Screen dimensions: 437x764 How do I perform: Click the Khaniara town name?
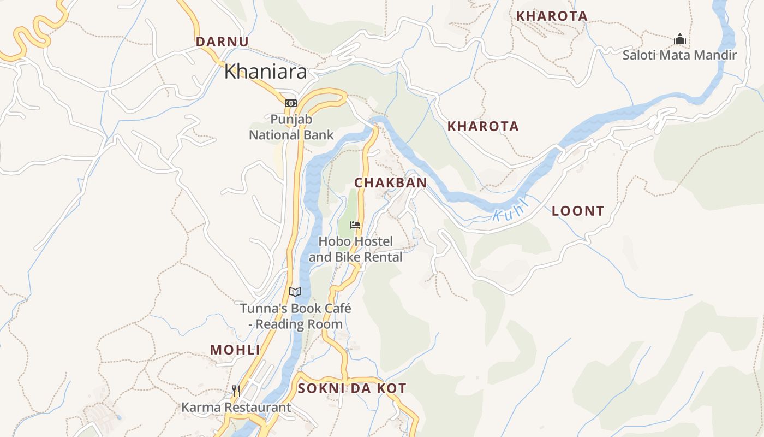point(265,72)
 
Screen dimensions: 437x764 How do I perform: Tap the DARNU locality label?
point(222,42)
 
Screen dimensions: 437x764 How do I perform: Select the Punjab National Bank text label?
point(291,127)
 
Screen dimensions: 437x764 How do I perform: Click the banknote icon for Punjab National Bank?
point(290,103)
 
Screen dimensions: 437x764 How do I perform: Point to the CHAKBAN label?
point(391,183)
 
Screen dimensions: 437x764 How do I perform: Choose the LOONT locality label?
point(578,211)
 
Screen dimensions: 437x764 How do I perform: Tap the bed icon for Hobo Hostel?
point(355,225)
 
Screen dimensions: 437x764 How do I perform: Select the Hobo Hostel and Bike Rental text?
point(355,249)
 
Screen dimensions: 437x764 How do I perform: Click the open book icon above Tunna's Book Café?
point(295,292)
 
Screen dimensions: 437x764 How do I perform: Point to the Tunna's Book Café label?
point(295,316)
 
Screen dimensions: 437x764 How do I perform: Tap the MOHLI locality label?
point(235,350)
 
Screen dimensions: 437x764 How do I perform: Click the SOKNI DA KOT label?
point(352,388)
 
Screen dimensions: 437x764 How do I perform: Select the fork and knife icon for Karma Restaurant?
point(236,391)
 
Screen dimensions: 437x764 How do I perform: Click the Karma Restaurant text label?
point(236,407)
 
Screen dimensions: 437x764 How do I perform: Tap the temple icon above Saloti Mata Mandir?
point(679,39)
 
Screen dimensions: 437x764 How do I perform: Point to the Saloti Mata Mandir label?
point(679,55)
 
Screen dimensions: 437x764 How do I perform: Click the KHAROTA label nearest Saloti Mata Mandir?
point(552,16)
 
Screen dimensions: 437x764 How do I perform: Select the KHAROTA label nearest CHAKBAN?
point(483,127)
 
